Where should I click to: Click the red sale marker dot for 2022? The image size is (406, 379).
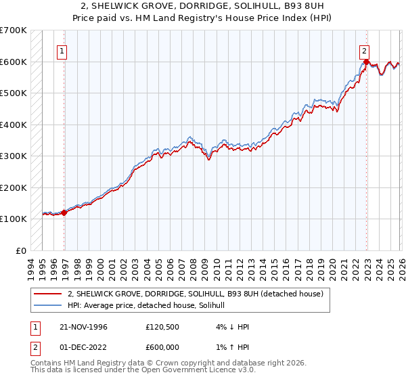(366, 62)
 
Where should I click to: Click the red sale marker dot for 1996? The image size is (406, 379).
(64, 213)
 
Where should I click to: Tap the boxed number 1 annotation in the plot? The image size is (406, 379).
(62, 49)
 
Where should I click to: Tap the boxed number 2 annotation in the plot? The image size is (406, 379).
(364, 49)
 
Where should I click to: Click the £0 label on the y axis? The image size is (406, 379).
(21, 250)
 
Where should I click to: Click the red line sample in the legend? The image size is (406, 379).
(48, 294)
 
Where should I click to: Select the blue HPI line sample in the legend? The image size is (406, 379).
(48, 305)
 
